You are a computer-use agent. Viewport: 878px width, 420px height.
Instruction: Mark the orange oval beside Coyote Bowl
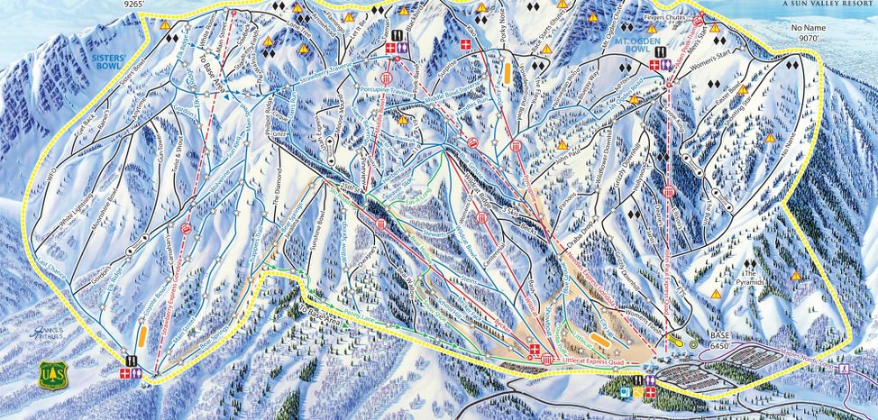point(143,337)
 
